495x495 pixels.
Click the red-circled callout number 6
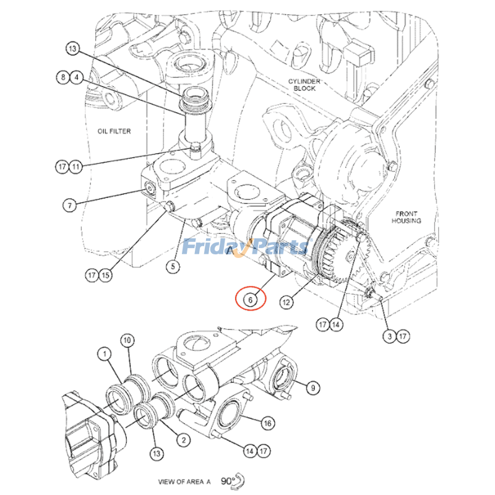pyautogui.click(x=249, y=300)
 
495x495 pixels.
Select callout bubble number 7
pyautogui.click(x=70, y=205)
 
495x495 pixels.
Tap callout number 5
pyautogui.click(x=173, y=267)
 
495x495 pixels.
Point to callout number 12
pyautogui.click(x=286, y=303)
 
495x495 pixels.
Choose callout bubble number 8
pyautogui.click(x=62, y=78)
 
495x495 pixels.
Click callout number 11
pyautogui.click(x=75, y=166)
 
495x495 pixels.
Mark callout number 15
pyautogui.click(x=106, y=275)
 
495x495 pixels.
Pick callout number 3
pyautogui.click(x=389, y=336)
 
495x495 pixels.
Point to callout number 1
pyautogui.click(x=105, y=354)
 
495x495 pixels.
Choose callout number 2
pyautogui.click(x=183, y=440)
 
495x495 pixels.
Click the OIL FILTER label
pyautogui.click(x=114, y=131)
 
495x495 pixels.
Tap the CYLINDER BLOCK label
pyautogui.click(x=304, y=85)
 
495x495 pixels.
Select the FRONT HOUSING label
pyautogui.click(x=407, y=217)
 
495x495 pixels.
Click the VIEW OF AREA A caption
pyautogui.click(x=184, y=481)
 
